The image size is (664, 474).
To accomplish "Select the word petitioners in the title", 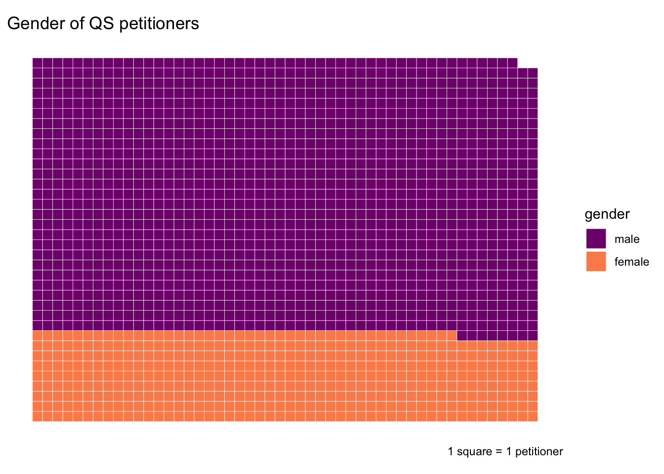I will pyautogui.click(x=160, y=24).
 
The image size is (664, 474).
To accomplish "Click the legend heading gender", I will pyautogui.click(x=607, y=214).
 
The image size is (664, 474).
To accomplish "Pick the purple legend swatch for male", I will pyautogui.click(x=596, y=238).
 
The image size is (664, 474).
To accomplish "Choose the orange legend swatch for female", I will pyautogui.click(x=596, y=261).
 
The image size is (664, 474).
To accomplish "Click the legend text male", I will pyautogui.click(x=626, y=239).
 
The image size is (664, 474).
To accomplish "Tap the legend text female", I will pyautogui.click(x=631, y=262).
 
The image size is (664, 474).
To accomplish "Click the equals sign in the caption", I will pyautogui.click(x=499, y=452).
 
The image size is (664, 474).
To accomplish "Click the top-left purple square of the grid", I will pyautogui.click(x=38, y=63).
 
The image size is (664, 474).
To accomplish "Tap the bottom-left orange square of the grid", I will pyautogui.click(x=38, y=416).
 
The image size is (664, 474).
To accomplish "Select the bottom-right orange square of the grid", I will pyautogui.click(x=533, y=416).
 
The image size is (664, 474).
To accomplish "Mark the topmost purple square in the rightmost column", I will pyautogui.click(x=533, y=73).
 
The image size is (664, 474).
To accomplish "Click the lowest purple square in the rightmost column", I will pyautogui.click(x=533, y=335).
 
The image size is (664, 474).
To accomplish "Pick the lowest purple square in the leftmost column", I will pyautogui.click(x=38, y=325).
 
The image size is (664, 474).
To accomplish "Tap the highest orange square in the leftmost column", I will pyautogui.click(x=38, y=335).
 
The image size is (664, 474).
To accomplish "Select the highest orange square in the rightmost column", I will pyautogui.click(x=533, y=346).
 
